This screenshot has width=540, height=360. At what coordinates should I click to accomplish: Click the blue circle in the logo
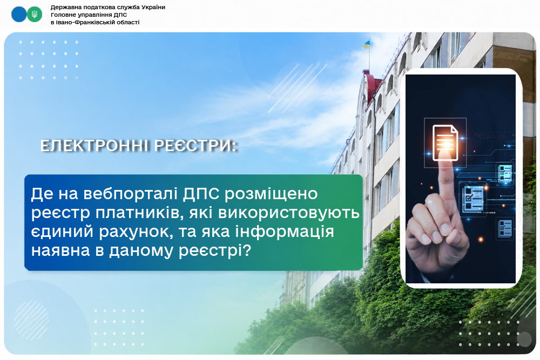click(x=18, y=15)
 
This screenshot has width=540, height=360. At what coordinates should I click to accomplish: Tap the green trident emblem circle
click(x=35, y=15)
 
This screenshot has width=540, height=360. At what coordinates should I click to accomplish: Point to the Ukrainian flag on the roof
click(x=366, y=44)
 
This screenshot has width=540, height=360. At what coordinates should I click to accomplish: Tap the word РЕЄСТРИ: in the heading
click(x=195, y=146)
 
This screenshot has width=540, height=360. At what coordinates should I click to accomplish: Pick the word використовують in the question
click(x=289, y=213)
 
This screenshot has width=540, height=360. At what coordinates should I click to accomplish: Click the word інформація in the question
click(x=285, y=232)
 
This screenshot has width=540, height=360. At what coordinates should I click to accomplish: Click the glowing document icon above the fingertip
click(x=446, y=142)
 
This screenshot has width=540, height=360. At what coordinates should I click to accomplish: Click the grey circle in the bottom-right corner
click(x=524, y=339)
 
